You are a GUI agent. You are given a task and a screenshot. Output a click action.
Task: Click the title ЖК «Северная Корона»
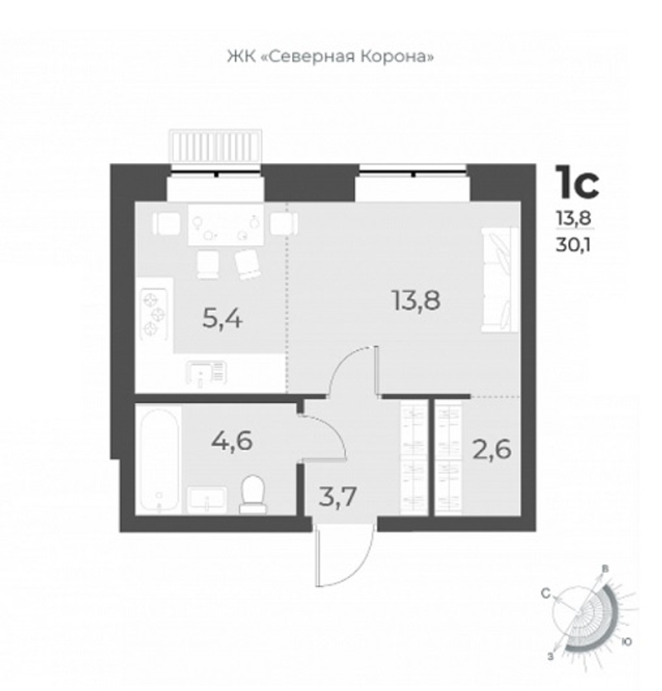(330, 57)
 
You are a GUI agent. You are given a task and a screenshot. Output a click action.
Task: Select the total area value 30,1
(573, 245)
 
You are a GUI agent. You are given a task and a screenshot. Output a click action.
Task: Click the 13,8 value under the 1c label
(573, 218)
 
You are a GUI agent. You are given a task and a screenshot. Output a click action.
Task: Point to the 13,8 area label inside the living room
(415, 301)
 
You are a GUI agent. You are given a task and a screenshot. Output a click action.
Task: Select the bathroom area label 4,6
(232, 440)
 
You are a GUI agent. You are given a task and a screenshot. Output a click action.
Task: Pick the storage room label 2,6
(492, 450)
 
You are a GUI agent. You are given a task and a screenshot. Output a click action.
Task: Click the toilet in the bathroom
(253, 494)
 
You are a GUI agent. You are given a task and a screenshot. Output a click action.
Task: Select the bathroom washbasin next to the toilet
(207, 499)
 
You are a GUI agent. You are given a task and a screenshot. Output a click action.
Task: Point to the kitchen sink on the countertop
(207, 374)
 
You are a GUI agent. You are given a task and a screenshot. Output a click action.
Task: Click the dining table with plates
(226, 224)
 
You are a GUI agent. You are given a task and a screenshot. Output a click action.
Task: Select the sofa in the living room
(500, 280)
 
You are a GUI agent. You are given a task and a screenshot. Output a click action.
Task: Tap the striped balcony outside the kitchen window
(217, 146)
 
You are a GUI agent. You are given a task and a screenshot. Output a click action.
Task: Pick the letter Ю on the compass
(626, 641)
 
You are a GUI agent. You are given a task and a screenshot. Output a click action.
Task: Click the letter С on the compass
(546, 594)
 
